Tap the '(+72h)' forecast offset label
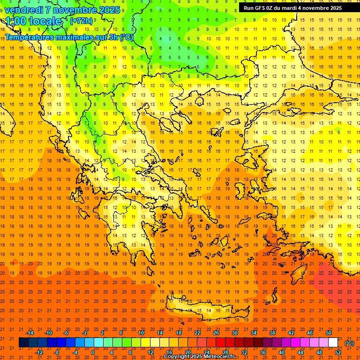pos(81,21)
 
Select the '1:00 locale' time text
pos(33,21)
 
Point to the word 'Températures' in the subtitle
pos(29,37)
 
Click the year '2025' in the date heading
pos(109,10)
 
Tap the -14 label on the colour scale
pos(30,333)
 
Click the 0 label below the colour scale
pos(92,352)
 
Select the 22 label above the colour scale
pos(197,333)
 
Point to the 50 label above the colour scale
pos(329,333)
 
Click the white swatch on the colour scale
pos(333,343)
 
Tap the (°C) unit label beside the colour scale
pos(349,343)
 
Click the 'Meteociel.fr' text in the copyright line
pos(218,357)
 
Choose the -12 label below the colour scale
pos(39,352)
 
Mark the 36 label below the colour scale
pos(263,352)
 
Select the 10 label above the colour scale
pos(141,333)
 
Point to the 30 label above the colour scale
pos(235,333)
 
